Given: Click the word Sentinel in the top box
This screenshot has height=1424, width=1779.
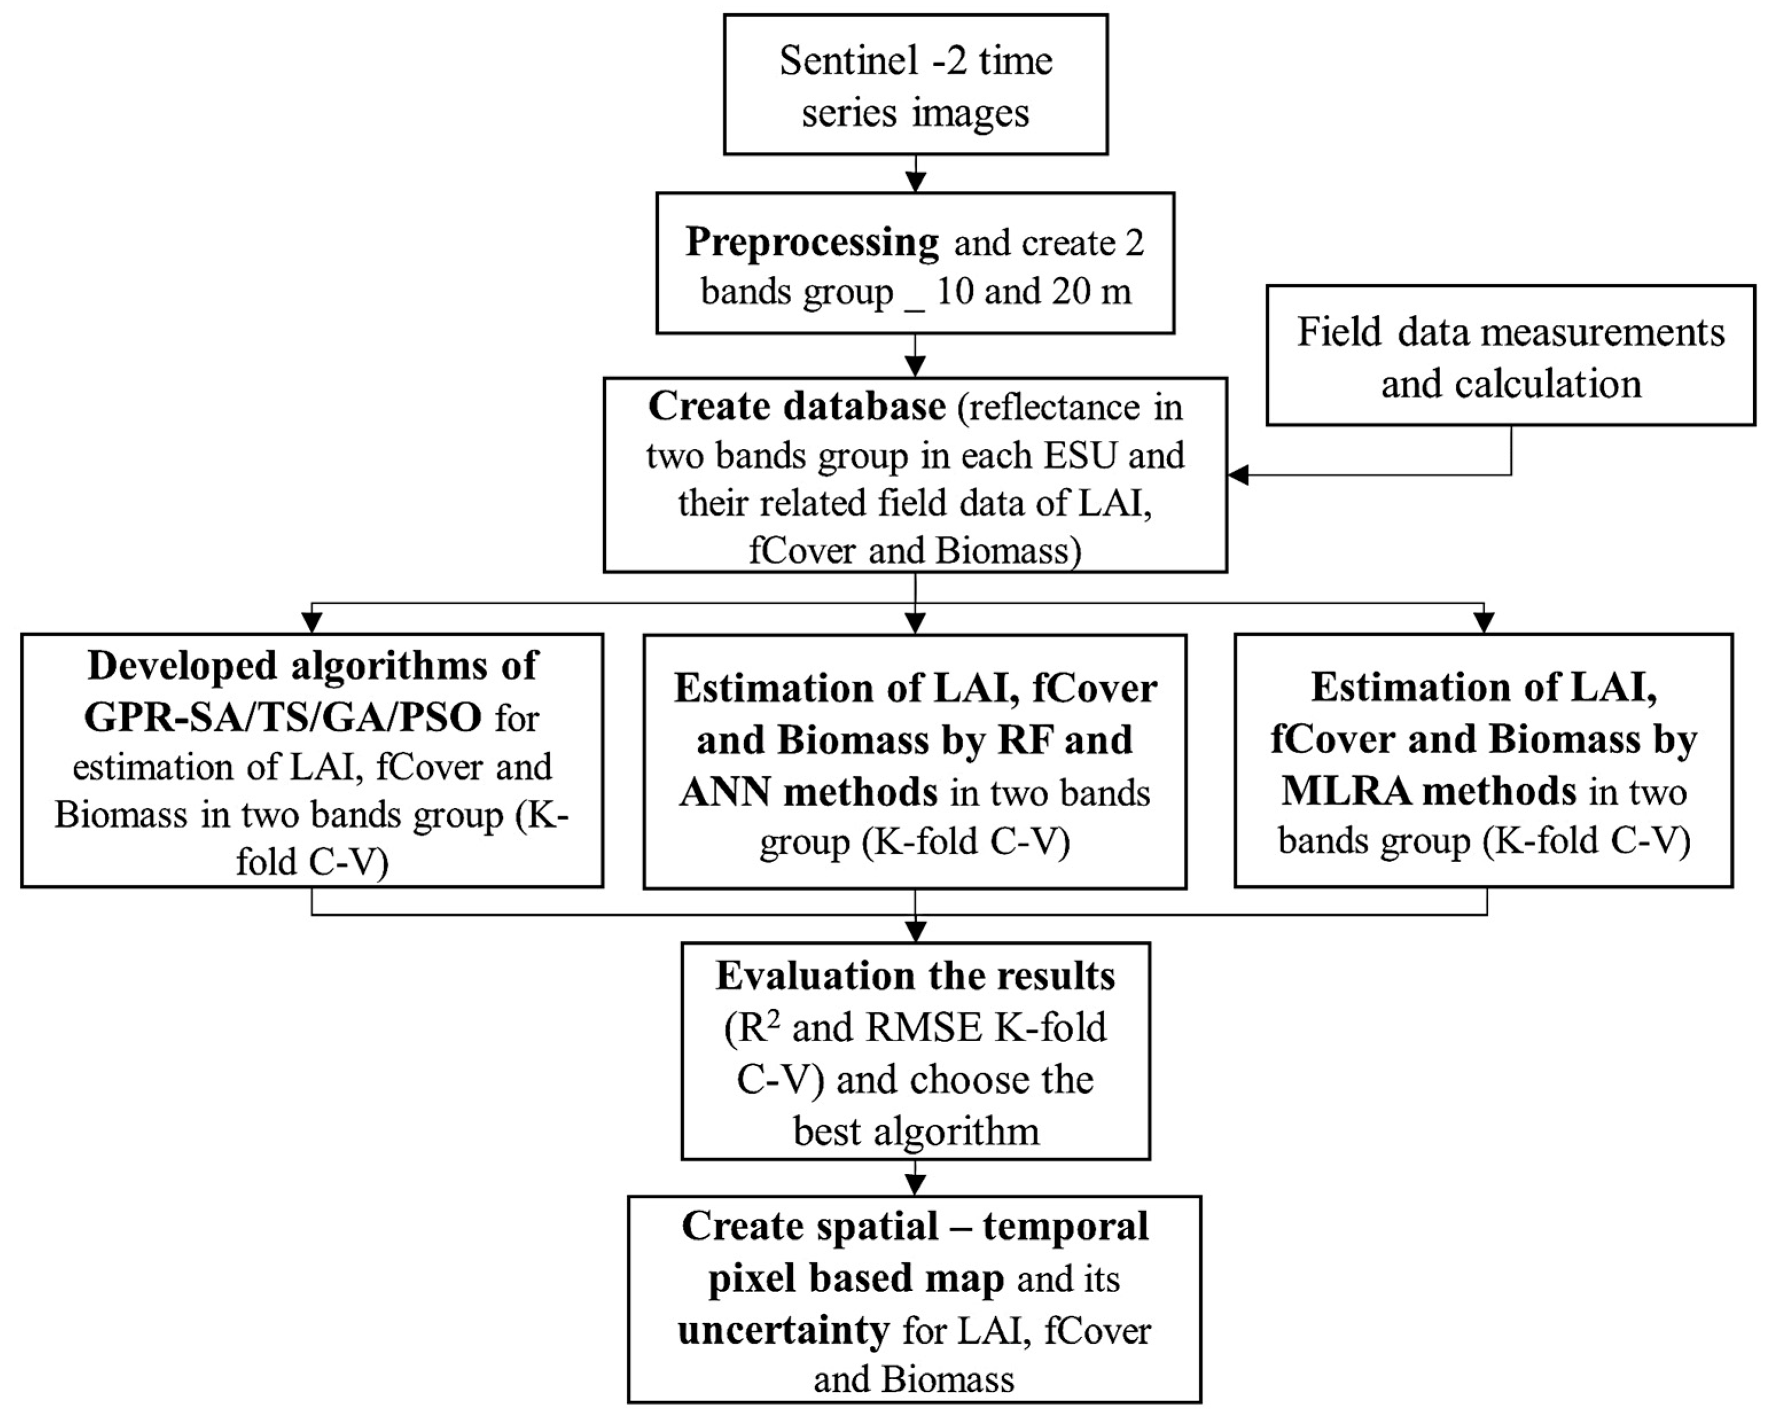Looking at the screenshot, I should coord(849,61).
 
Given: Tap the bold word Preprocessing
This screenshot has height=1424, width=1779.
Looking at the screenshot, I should coord(812,242).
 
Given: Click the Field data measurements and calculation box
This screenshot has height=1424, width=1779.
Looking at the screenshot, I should coord(1510,357).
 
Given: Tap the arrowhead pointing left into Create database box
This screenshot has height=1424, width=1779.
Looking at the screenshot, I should coord(1238,475).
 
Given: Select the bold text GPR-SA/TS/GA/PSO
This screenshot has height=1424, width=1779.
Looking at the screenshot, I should coord(283,717).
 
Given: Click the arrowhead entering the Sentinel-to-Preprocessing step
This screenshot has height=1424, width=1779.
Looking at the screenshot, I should coord(915,182).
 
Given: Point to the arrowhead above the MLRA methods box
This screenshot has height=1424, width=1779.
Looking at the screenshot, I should coord(1484,622).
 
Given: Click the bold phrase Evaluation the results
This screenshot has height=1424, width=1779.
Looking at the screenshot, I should coord(915,976).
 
